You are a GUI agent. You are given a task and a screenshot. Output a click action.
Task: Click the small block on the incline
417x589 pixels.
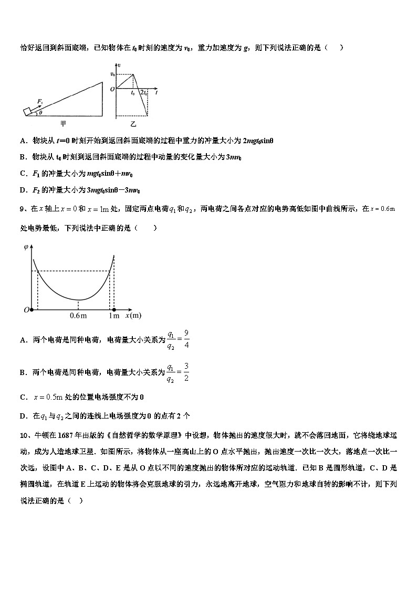[x=27, y=111]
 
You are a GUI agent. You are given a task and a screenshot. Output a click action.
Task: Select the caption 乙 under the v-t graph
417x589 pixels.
[x=133, y=124]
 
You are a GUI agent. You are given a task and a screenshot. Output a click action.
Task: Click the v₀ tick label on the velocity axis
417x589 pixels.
[x=112, y=74]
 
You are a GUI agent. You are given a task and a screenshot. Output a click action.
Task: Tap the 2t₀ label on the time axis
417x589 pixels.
[x=143, y=93]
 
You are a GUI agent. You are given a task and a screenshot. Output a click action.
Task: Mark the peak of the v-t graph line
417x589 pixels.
[x=132, y=74]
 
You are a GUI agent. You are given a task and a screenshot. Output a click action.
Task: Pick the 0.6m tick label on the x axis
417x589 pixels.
[x=78, y=316]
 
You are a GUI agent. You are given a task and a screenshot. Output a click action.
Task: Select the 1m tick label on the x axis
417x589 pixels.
[x=113, y=316]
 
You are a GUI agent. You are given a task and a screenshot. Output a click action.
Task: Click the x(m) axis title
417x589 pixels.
[x=133, y=316]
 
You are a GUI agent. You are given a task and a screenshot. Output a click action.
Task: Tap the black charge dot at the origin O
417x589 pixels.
[x=32, y=310]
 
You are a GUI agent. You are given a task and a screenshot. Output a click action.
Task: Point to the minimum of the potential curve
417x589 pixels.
[x=79, y=299]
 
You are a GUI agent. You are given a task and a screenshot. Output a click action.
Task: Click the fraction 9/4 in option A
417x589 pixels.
[x=186, y=339]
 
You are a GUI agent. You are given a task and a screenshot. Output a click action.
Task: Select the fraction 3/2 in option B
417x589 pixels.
[x=186, y=372]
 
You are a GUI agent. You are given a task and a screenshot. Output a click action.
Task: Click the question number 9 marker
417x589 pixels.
[x=23, y=209]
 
